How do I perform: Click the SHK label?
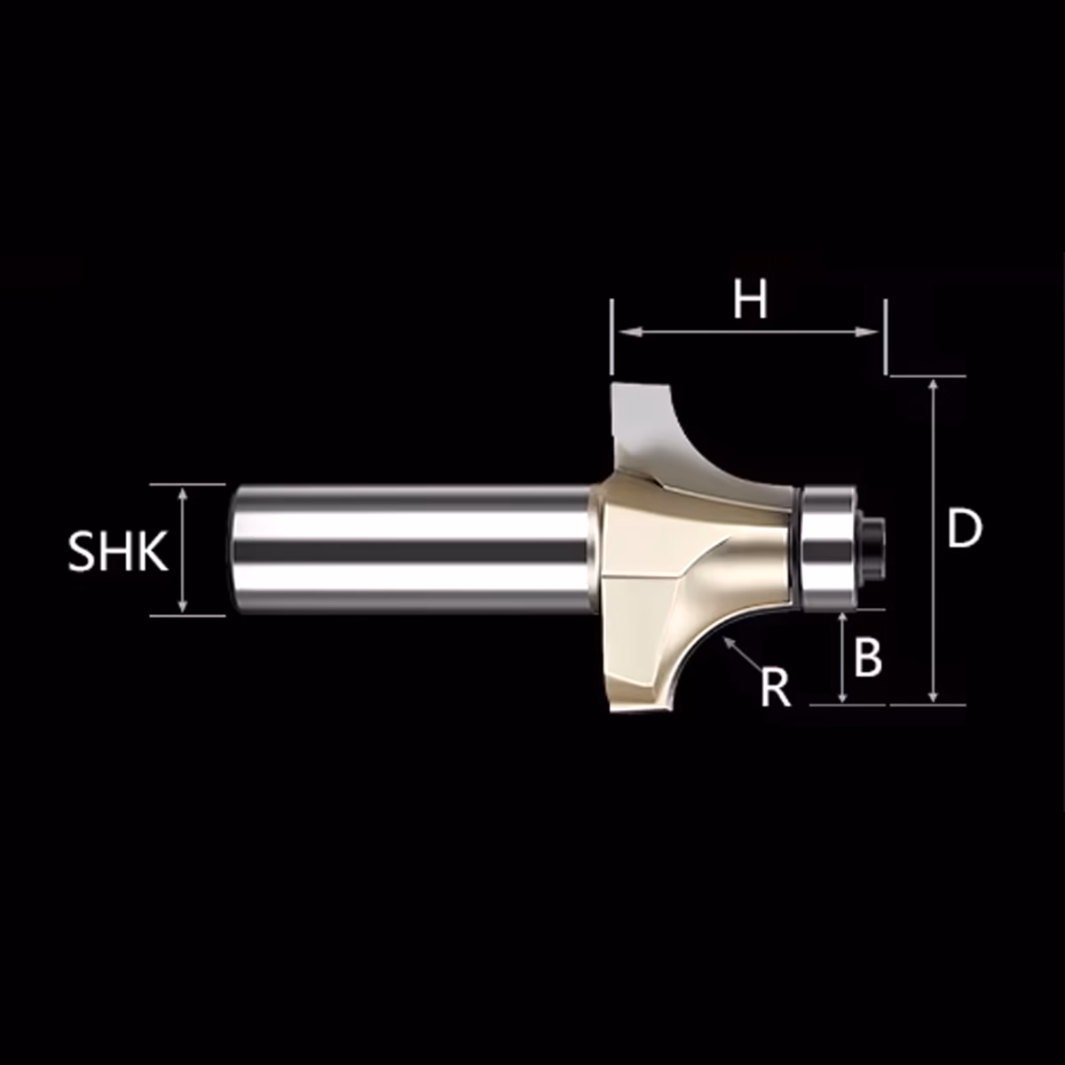click(118, 551)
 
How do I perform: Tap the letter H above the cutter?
click(750, 300)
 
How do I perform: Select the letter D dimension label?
click(965, 529)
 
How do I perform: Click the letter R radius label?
click(776, 687)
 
